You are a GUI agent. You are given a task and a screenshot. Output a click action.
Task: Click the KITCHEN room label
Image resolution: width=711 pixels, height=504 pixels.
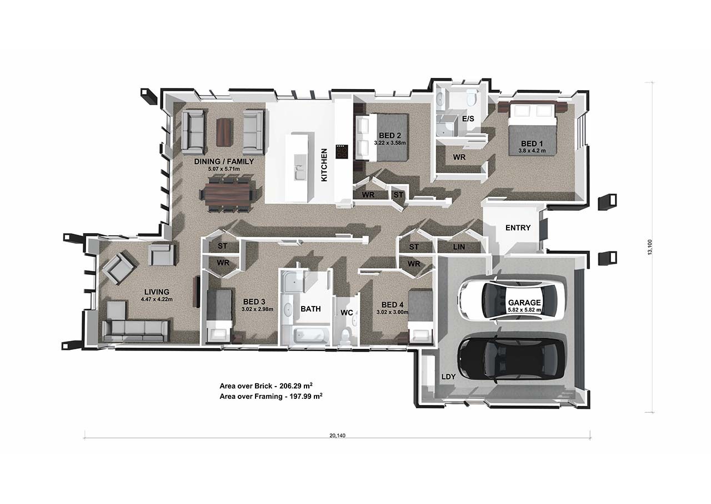click(x=324, y=165)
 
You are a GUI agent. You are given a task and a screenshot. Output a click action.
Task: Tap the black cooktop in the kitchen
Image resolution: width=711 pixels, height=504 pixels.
click(x=342, y=151)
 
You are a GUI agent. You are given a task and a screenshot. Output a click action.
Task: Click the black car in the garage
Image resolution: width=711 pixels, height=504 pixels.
click(x=511, y=358)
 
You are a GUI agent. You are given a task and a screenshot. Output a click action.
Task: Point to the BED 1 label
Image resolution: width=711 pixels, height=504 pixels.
click(x=532, y=144)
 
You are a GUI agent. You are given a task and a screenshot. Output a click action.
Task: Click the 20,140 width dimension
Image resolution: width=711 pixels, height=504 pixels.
click(x=337, y=436)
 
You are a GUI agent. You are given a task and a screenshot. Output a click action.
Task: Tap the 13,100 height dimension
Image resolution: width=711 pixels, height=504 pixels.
click(x=650, y=247)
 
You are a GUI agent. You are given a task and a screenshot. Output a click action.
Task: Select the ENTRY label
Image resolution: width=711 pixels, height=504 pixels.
click(x=518, y=228)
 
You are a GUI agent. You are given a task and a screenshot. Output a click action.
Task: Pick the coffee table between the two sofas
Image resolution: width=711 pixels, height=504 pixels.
click(x=224, y=132)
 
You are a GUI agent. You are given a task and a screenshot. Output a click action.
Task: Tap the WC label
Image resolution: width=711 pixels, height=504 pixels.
click(x=347, y=313)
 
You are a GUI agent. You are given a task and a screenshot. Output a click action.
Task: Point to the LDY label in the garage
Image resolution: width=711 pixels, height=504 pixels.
click(x=448, y=377)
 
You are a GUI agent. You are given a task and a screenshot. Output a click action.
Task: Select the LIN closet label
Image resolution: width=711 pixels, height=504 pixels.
click(x=459, y=247)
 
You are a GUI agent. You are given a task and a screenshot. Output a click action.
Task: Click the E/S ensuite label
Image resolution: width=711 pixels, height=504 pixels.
click(x=468, y=119)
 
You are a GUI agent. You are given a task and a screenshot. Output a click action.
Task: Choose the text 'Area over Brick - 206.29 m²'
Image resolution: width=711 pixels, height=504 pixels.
click(x=266, y=386)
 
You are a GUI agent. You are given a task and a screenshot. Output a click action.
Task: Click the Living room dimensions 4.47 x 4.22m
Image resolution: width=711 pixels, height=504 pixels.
click(x=157, y=299)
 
